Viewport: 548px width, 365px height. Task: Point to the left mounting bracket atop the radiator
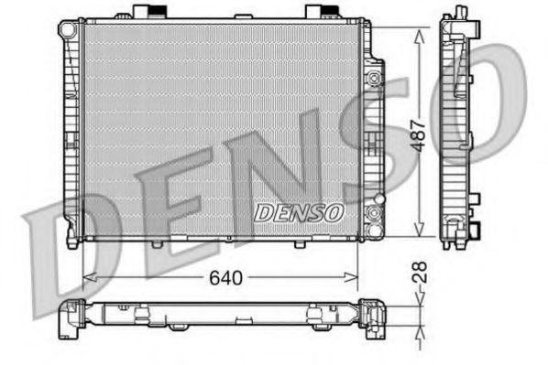[144, 12]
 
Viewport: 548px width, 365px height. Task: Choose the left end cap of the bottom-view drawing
[70, 320]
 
